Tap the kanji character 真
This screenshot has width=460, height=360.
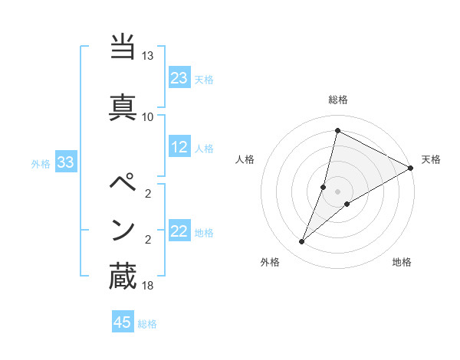point(123,106)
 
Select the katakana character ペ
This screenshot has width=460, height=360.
point(123,182)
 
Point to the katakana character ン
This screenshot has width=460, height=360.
point(123,230)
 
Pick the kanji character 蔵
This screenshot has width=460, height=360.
point(123,277)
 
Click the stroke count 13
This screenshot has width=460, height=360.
point(147,56)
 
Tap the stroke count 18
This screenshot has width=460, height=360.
point(147,286)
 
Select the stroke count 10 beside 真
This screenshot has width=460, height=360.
point(147,116)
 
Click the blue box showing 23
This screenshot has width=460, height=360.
point(179,78)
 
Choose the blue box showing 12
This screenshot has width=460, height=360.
point(179,147)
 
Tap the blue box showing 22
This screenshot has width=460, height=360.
point(179,231)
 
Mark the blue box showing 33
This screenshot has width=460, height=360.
point(65,162)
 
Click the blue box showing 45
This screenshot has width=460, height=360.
point(123,322)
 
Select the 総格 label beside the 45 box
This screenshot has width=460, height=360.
point(147,324)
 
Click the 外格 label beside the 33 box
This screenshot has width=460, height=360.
point(41,163)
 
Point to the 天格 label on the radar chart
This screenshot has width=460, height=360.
point(431,159)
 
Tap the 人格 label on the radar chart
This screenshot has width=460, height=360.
point(245,159)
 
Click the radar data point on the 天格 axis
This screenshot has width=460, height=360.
point(411,169)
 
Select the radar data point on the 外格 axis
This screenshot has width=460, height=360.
point(302,242)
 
